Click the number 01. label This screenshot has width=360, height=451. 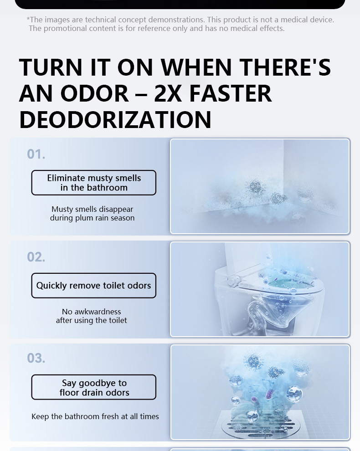coord(36,154)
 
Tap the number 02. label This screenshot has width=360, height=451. coord(36,257)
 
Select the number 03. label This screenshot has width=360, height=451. coord(36,358)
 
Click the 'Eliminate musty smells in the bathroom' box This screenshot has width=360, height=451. coord(93,183)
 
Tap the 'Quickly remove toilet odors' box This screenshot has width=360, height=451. coord(93,286)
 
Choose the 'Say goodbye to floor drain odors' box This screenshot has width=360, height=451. coord(93,387)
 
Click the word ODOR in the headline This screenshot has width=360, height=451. coord(94,93)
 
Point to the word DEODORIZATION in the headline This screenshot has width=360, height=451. coord(115,120)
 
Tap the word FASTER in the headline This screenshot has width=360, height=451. coord(231,93)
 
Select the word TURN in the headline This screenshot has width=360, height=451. coord(51,67)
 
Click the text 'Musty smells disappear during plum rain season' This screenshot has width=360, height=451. coord(92,213)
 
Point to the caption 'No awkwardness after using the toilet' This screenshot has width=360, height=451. coord(91,316)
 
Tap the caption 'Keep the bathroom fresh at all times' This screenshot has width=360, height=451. coord(95,416)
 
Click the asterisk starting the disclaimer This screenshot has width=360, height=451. coord(28,19)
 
